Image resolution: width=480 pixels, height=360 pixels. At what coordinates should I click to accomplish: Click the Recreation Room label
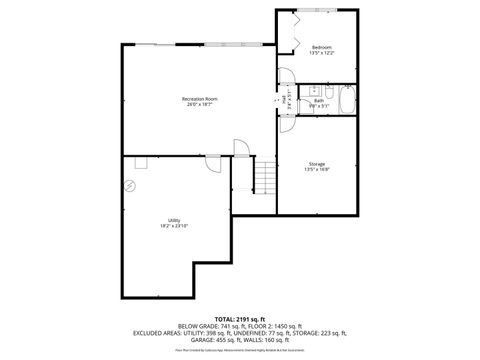[199, 98]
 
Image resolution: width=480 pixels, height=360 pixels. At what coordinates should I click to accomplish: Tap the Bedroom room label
[321, 48]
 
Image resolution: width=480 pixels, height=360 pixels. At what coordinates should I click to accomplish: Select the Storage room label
[316, 164]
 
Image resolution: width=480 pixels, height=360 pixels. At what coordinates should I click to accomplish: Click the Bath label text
[318, 100]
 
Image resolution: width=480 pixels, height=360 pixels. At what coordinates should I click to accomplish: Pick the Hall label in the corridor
[284, 100]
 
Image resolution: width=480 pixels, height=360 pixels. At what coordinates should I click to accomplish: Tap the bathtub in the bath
[347, 102]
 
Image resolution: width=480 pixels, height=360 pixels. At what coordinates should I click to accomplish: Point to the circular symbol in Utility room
[129, 186]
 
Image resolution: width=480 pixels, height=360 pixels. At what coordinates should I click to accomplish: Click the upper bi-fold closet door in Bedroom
[292, 21]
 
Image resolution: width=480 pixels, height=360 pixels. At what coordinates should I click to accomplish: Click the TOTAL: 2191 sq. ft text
[239, 318]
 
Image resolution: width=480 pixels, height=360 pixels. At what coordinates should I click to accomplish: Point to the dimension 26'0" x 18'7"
[199, 105]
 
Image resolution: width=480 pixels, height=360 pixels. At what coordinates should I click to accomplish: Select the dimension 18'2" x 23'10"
[174, 226]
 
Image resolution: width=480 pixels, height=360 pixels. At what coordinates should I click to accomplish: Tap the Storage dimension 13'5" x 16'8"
[316, 170]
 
